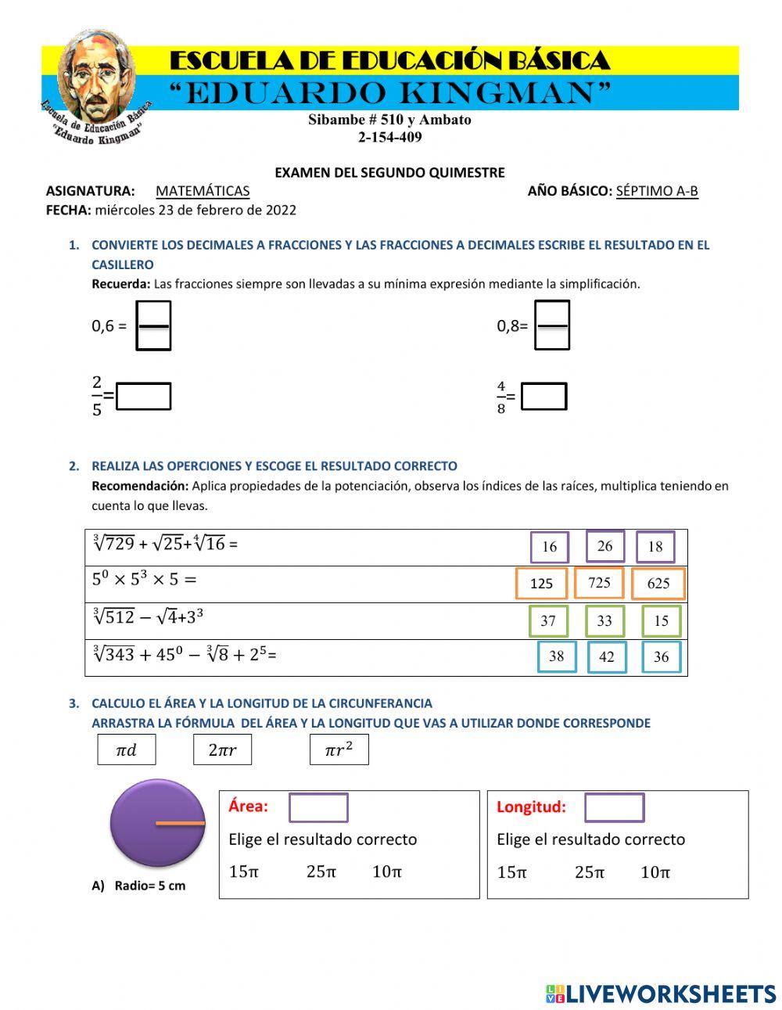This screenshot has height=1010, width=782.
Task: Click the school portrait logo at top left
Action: tap(95, 86)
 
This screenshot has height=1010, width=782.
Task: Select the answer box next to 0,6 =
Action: tap(153, 325)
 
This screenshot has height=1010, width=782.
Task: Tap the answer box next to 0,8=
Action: tap(552, 325)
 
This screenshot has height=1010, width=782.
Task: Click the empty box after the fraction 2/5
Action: tap(144, 396)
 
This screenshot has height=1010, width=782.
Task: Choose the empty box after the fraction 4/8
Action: tap(543, 396)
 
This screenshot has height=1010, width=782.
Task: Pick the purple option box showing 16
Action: tap(549, 547)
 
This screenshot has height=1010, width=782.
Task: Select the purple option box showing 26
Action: tap(604, 546)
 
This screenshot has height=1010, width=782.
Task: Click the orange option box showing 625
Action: tap(658, 584)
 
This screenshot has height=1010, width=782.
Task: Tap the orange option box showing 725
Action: tap(599, 583)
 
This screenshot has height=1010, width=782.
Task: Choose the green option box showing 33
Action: tap(604, 621)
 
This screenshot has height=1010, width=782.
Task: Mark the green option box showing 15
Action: tap(662, 621)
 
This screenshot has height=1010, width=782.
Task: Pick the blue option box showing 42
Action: tap(607, 657)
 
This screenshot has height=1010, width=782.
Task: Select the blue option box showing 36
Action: tap(662, 657)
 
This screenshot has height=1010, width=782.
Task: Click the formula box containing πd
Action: tap(127, 749)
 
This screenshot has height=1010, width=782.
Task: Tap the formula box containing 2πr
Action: tap(222, 749)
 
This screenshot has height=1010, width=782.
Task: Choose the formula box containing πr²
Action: tap(339, 749)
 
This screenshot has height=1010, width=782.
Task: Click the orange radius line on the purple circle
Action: tap(180, 823)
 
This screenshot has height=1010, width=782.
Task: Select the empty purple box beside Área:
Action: tap(318, 807)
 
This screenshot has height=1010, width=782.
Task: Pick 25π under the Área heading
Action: tap(321, 872)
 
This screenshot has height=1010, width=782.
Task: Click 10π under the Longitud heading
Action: tap(655, 872)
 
